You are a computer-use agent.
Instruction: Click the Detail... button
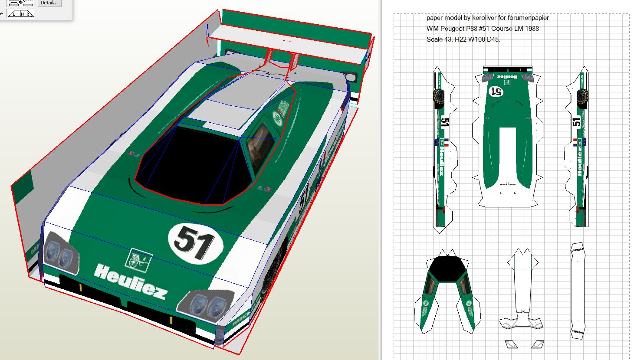click(49, 3)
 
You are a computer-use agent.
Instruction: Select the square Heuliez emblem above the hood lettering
click(138, 260)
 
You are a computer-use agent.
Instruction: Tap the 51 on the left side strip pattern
click(444, 122)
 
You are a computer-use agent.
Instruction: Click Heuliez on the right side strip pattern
click(579, 161)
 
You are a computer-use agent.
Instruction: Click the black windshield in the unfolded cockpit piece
click(447, 268)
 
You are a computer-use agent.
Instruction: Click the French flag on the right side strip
click(575, 142)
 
